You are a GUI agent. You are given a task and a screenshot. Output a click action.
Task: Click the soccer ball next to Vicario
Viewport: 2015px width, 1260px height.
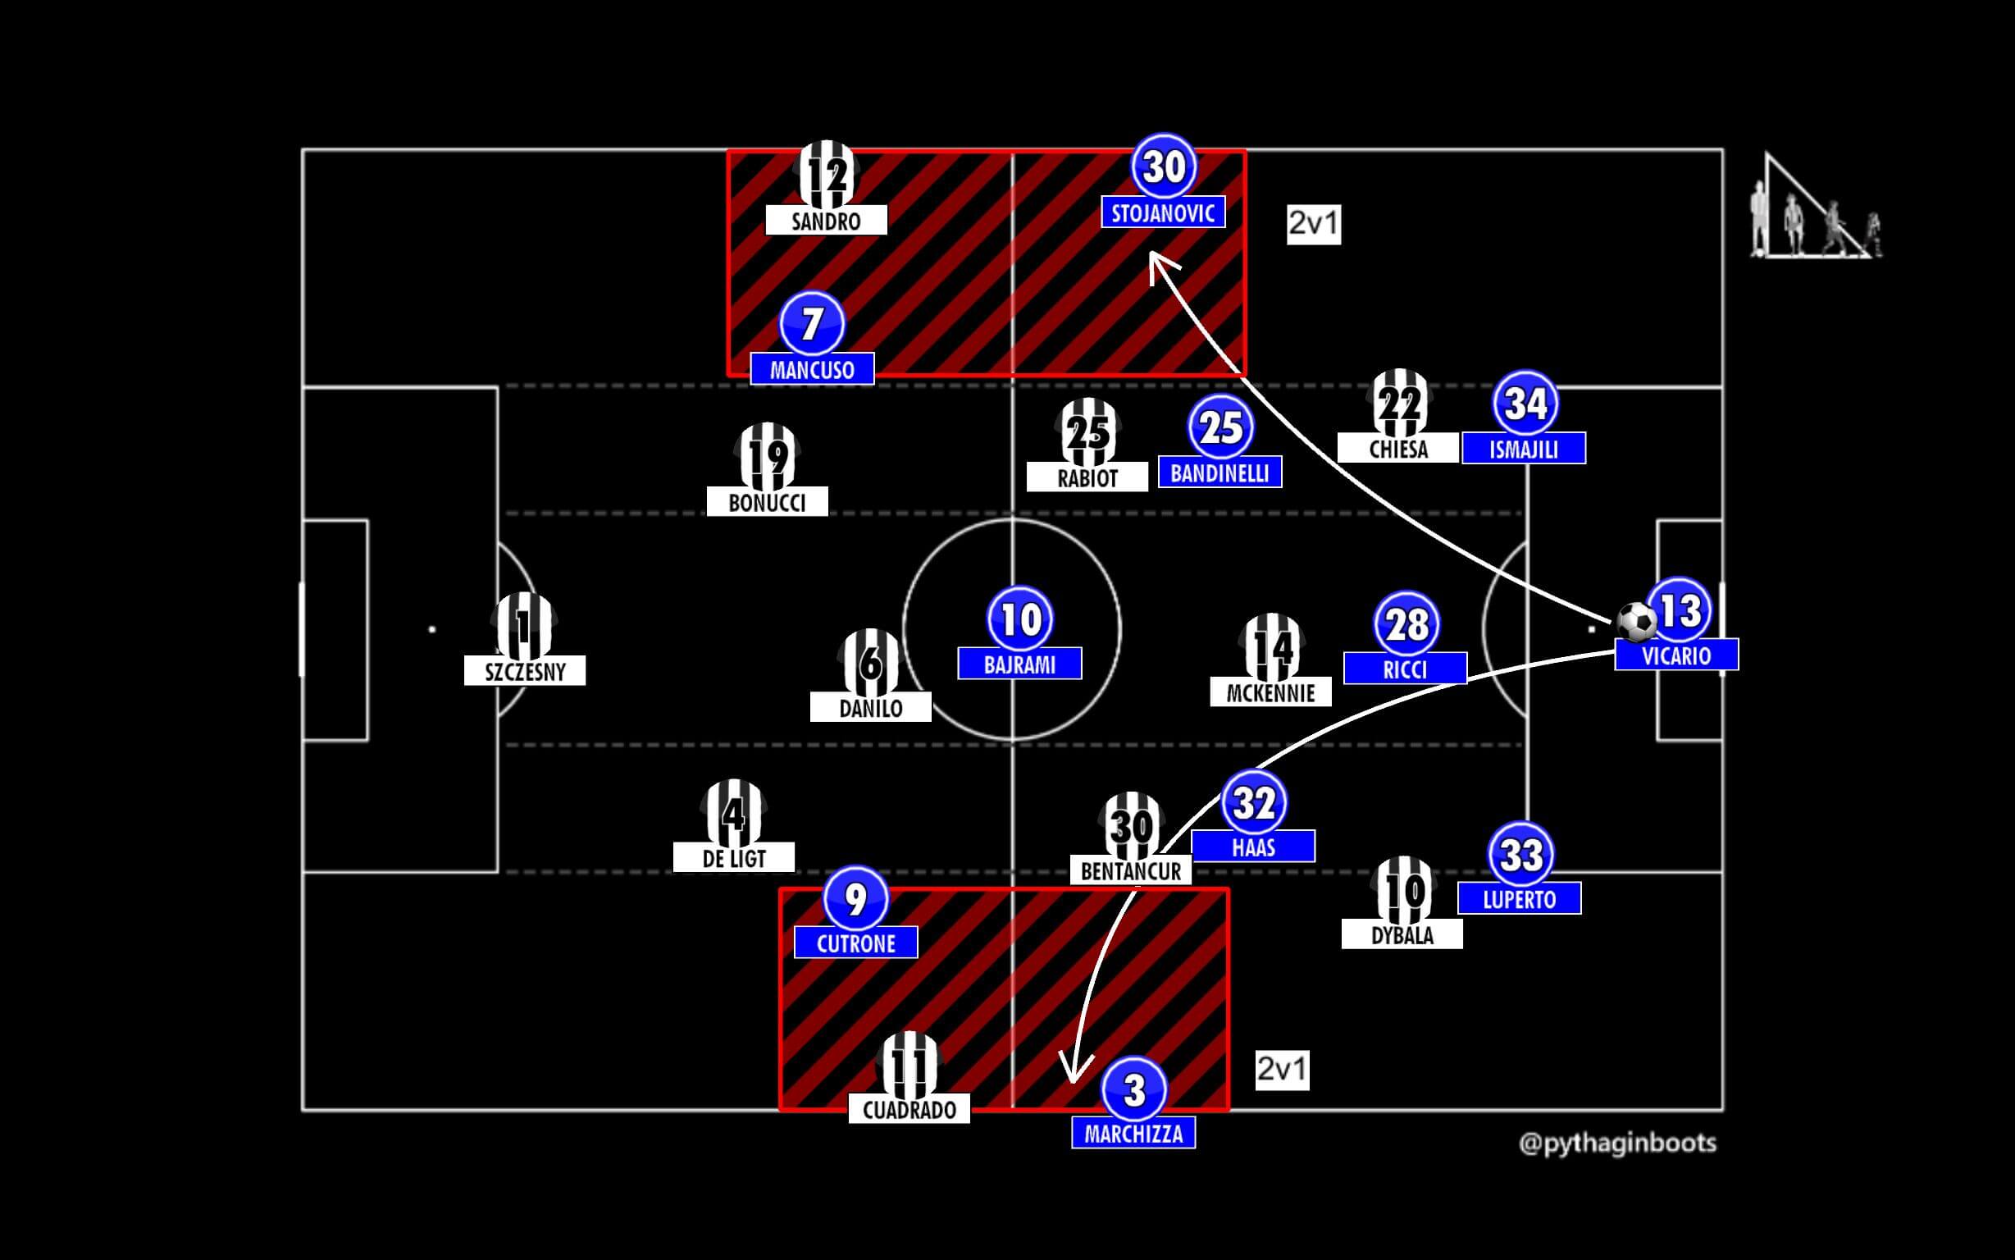[x=1637, y=622]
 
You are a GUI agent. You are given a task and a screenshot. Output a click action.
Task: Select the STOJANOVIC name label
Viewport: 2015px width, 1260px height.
[x=1163, y=213]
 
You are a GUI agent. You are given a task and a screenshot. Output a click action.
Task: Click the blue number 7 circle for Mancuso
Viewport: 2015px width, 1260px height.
[x=812, y=323]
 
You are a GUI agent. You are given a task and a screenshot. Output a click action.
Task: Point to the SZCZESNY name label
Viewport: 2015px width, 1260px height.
[x=525, y=671]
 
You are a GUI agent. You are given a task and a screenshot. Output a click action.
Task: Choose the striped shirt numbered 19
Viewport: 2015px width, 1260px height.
[x=767, y=456]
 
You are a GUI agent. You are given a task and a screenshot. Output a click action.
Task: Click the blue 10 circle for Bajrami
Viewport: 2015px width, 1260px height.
[x=1020, y=619]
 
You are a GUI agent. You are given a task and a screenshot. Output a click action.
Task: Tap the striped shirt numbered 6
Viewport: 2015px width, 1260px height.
[x=870, y=662]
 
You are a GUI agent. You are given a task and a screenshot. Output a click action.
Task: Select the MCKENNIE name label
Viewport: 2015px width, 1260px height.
[x=1270, y=692]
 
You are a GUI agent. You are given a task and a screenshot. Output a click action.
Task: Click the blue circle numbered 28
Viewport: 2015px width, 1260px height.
[x=1406, y=624]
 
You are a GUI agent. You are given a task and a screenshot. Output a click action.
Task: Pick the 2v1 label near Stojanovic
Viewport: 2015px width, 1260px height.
[x=1314, y=223]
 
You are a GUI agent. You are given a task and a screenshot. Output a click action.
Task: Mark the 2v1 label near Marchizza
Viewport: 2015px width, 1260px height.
[x=1282, y=1069]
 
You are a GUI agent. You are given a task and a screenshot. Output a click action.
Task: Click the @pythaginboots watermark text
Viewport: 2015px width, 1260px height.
[x=1618, y=1144]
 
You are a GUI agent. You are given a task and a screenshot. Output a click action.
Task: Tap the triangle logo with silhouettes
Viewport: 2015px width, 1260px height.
[x=1816, y=208]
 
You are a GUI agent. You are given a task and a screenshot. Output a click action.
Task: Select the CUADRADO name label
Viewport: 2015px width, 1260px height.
[x=909, y=1109]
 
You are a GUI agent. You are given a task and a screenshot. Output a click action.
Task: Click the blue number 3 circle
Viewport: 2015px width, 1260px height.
[x=1133, y=1089]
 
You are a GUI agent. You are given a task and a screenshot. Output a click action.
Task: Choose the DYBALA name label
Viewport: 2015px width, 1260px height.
[x=1402, y=935]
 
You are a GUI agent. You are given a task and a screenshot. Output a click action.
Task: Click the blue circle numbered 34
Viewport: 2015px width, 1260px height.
[x=1526, y=404]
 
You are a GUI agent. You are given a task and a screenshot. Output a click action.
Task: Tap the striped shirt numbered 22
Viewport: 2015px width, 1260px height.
[x=1399, y=403]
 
